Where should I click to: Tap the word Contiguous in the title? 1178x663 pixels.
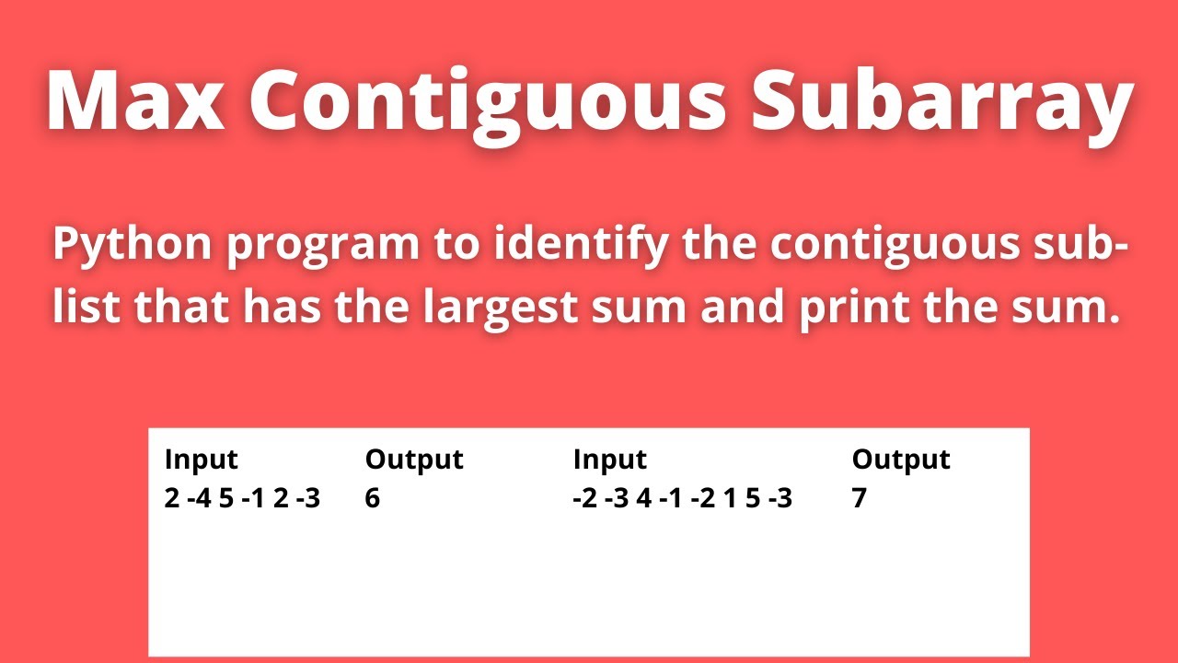pyautogui.click(x=487, y=100)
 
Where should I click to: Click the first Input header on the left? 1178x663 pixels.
pyautogui.click(x=201, y=459)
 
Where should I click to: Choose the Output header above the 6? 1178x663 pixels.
pyautogui.click(x=413, y=459)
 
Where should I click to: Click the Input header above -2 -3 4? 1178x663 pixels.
pyautogui.click(x=609, y=459)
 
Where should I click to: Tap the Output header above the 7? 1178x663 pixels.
pyautogui.click(x=900, y=459)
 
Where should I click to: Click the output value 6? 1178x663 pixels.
pyautogui.click(x=373, y=498)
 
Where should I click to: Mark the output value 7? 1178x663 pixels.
pyautogui.click(x=859, y=498)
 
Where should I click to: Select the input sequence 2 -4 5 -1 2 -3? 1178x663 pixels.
pyautogui.click(x=242, y=498)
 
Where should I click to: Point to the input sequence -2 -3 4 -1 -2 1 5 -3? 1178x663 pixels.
pyautogui.click(x=681, y=498)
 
